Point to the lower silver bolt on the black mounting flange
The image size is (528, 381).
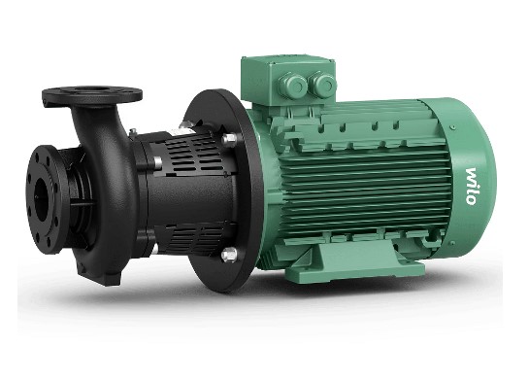click(227, 255)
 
